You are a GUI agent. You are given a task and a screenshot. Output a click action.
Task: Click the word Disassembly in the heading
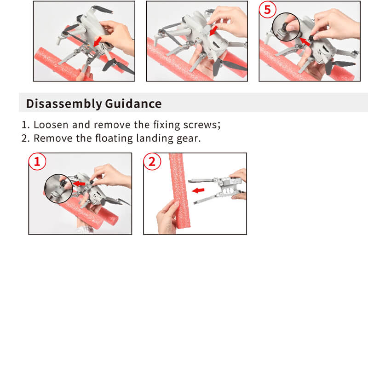64,104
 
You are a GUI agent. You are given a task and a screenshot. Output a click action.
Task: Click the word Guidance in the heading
133,104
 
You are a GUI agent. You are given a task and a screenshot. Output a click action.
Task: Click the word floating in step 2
114,138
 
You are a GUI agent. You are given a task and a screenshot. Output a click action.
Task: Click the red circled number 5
267,10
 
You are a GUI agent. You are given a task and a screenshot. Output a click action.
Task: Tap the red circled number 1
37,161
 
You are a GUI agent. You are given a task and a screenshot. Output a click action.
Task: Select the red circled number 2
152,161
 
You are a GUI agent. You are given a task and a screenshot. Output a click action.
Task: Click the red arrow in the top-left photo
98,41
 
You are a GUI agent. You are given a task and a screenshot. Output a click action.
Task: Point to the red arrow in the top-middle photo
213,30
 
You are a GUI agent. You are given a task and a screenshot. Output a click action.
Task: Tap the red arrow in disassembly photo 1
79,183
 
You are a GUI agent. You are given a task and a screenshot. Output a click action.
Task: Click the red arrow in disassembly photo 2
198,190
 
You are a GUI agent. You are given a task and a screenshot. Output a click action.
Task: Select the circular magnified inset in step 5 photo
286,27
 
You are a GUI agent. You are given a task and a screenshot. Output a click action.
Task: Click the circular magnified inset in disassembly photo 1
58,189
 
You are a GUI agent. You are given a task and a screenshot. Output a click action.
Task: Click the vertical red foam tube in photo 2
179,190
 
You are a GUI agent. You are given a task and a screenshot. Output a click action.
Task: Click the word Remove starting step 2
53,138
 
